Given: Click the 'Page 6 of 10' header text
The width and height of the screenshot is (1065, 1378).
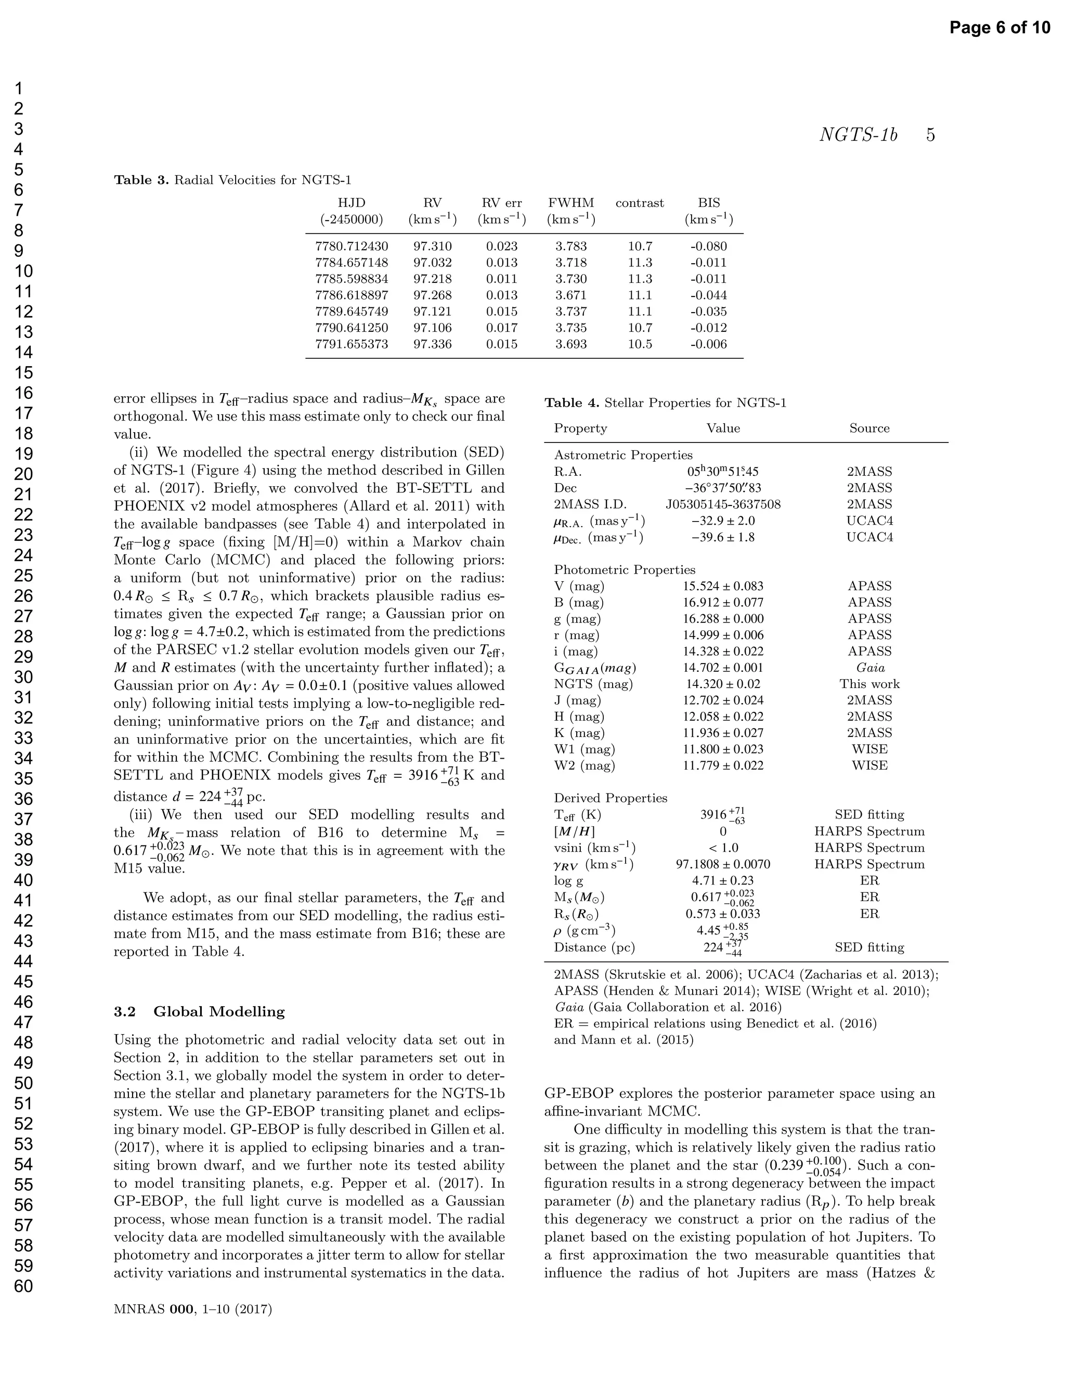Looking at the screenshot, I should coord(999,28).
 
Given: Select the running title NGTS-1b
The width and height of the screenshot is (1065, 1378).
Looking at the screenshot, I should coord(858,135).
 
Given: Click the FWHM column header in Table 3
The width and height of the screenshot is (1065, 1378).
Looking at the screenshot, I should coord(571,203).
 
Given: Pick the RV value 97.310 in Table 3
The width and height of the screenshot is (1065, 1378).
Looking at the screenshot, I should coord(432,246).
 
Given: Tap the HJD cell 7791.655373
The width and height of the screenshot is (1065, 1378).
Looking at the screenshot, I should coord(352,344).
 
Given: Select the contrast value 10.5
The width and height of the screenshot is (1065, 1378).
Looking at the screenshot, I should coord(640,344).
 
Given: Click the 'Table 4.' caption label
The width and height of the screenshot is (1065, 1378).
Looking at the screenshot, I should coord(572,403).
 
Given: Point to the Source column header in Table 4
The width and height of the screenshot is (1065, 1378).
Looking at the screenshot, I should coord(869,428).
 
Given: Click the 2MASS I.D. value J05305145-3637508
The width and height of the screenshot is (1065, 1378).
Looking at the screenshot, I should coord(723,504).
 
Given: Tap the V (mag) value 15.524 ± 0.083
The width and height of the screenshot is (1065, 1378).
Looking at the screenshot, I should coord(723,586).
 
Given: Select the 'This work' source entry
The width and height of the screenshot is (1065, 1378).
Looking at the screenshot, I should coord(869,684).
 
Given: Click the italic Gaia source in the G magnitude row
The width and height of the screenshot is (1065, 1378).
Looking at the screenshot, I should coord(870,668).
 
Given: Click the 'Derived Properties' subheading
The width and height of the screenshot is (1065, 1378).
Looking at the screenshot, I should coord(610,798).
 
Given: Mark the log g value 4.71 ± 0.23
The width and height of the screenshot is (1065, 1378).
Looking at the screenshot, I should coord(723,880).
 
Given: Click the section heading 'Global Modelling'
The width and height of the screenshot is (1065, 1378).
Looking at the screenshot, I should coord(219,1012).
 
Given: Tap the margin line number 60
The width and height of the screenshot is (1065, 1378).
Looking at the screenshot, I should coord(23,1286).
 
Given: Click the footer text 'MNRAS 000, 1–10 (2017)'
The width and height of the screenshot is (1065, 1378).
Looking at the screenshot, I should coord(192,1310).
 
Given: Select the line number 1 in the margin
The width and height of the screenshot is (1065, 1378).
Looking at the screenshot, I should coord(19,88).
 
